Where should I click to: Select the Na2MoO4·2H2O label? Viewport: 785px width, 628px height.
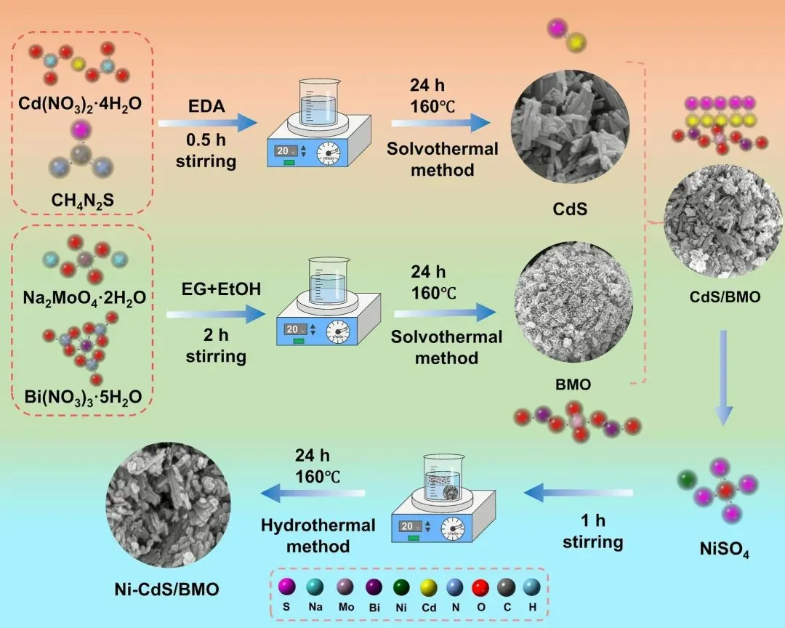click(x=81, y=297)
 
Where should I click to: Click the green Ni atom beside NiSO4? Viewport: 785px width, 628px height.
click(x=686, y=481)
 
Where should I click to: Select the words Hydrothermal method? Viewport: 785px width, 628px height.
click(x=318, y=535)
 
